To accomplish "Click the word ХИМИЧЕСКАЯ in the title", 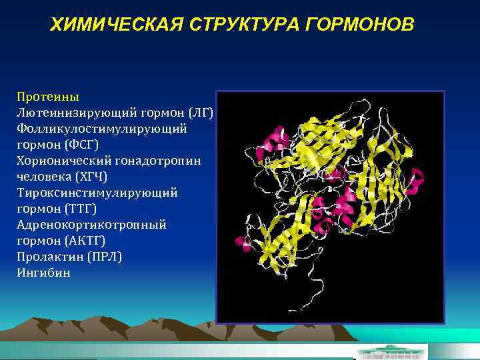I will (118, 25).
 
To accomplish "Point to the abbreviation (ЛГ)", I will (201, 112).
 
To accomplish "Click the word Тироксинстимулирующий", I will (97, 193).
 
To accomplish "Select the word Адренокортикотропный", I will (92, 225).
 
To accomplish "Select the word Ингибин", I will (43, 273).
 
